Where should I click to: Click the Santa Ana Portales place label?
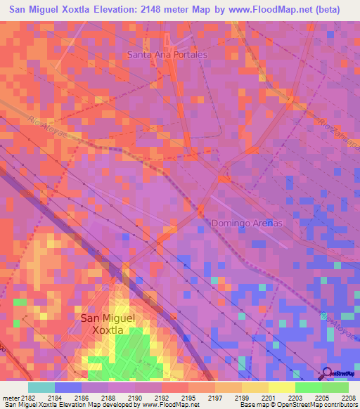[x=167, y=54]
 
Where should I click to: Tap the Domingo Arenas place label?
[x=247, y=223]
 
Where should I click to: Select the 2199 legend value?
[x=241, y=398]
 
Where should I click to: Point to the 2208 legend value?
[x=348, y=398]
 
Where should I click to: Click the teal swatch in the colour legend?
[x=41, y=387]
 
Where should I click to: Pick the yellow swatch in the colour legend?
[x=281, y=387]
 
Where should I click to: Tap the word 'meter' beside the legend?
[x=9, y=398]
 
